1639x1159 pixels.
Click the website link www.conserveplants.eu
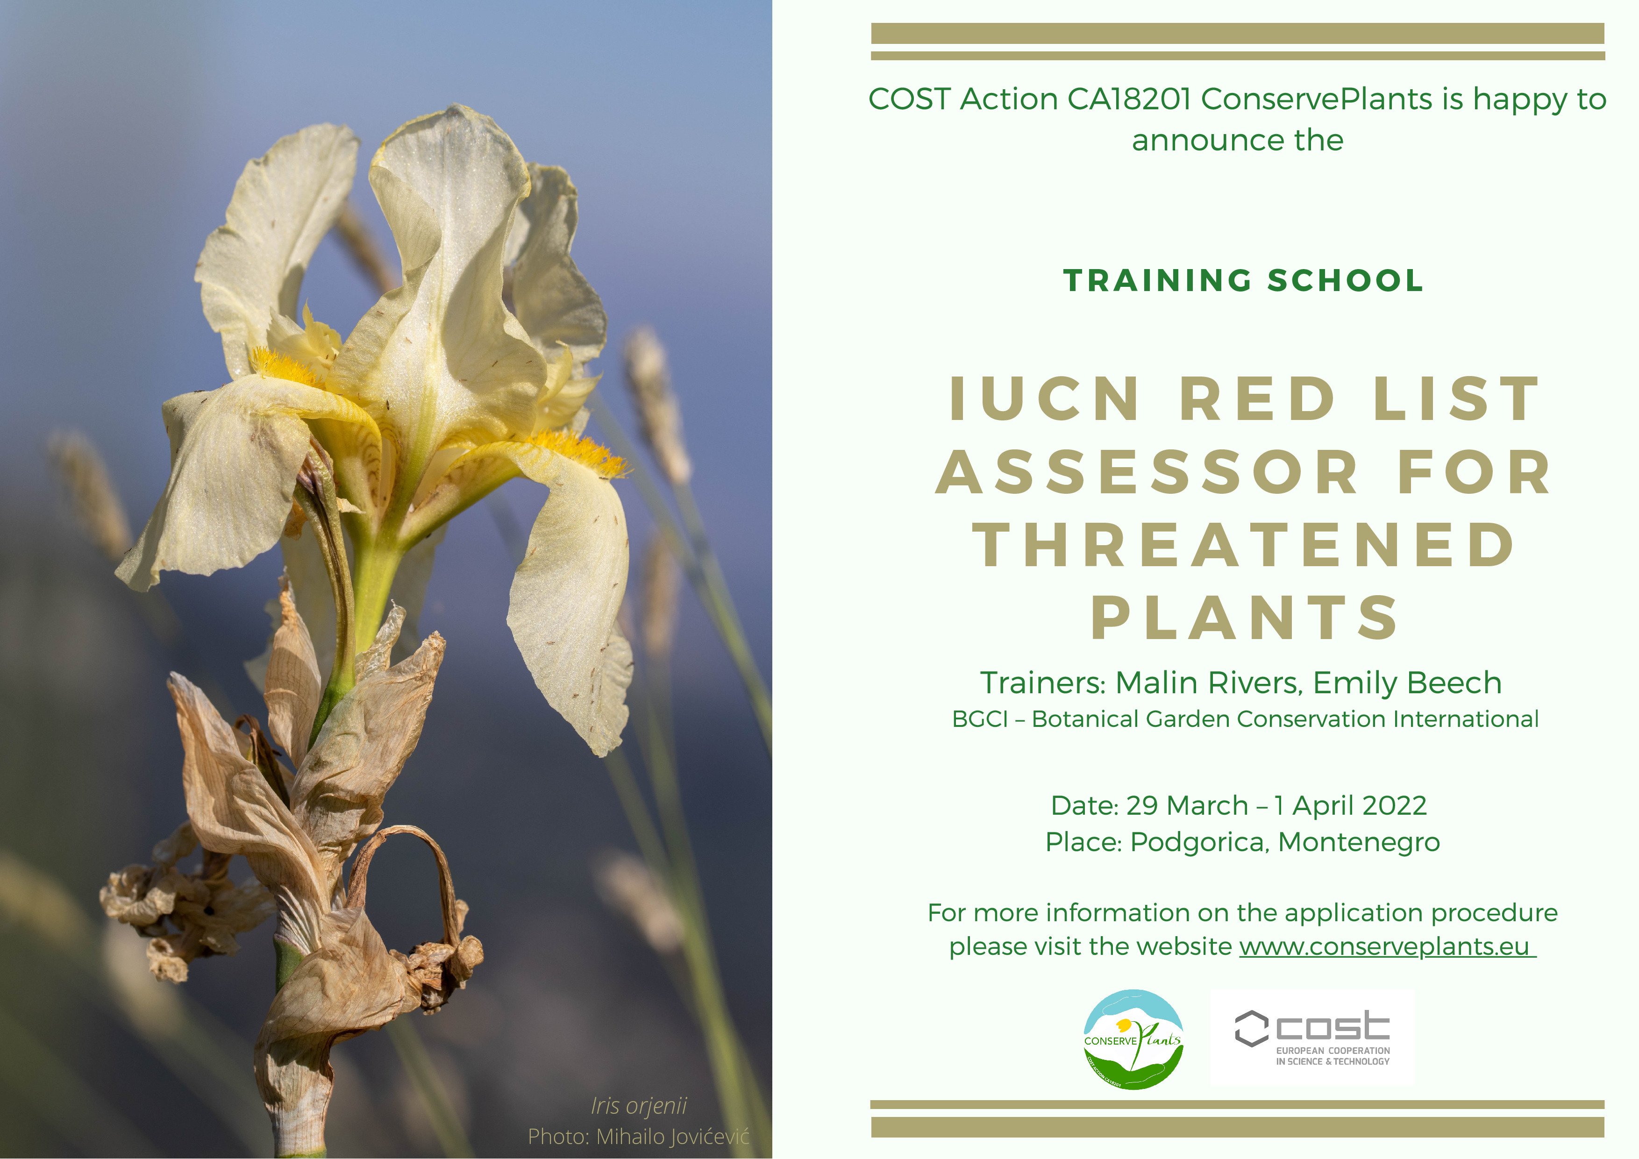1387,947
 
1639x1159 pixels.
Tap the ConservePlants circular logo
1133,1039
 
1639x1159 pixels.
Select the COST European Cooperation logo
1312,1038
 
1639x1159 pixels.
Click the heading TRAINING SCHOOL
1244,280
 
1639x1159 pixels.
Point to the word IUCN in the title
1044,398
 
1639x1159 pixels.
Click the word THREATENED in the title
1244,545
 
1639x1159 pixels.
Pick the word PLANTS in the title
1244,618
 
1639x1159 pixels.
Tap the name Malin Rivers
1206,683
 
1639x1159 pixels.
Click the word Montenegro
1359,842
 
